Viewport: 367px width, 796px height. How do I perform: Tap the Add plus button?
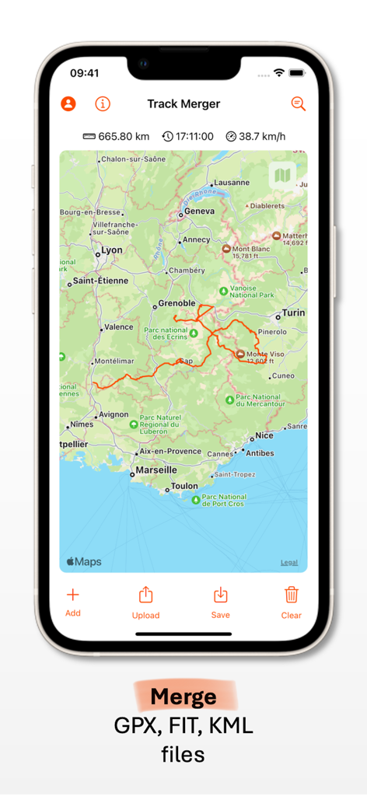72,595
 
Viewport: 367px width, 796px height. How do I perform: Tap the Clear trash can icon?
292,595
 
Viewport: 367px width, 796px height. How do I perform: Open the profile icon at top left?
68,103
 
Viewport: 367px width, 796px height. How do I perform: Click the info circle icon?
103,103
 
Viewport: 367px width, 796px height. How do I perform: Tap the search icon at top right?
298,103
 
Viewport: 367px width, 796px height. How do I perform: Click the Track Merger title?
183,103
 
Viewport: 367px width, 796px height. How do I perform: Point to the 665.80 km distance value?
123,137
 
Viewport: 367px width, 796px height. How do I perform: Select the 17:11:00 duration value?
194,137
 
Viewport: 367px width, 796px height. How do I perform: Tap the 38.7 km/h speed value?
261,137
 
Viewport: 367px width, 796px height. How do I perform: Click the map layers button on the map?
282,175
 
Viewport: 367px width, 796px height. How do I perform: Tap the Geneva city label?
200,211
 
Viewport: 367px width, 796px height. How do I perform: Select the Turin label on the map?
293,312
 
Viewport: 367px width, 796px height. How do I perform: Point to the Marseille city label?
157,470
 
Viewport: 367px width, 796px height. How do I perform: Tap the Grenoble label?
177,303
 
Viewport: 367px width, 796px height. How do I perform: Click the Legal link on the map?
288,563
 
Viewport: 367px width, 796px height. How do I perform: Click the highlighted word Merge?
183,696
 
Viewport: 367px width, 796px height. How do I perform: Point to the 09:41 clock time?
84,73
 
